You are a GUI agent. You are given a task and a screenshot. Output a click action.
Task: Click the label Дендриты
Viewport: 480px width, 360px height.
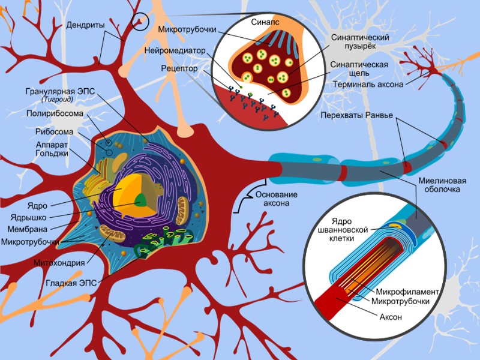click(x=86, y=25)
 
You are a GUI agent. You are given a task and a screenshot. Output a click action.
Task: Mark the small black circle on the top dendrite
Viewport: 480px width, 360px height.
click(x=140, y=22)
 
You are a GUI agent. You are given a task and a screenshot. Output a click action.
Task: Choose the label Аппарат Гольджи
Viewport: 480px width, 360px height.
click(x=51, y=149)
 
